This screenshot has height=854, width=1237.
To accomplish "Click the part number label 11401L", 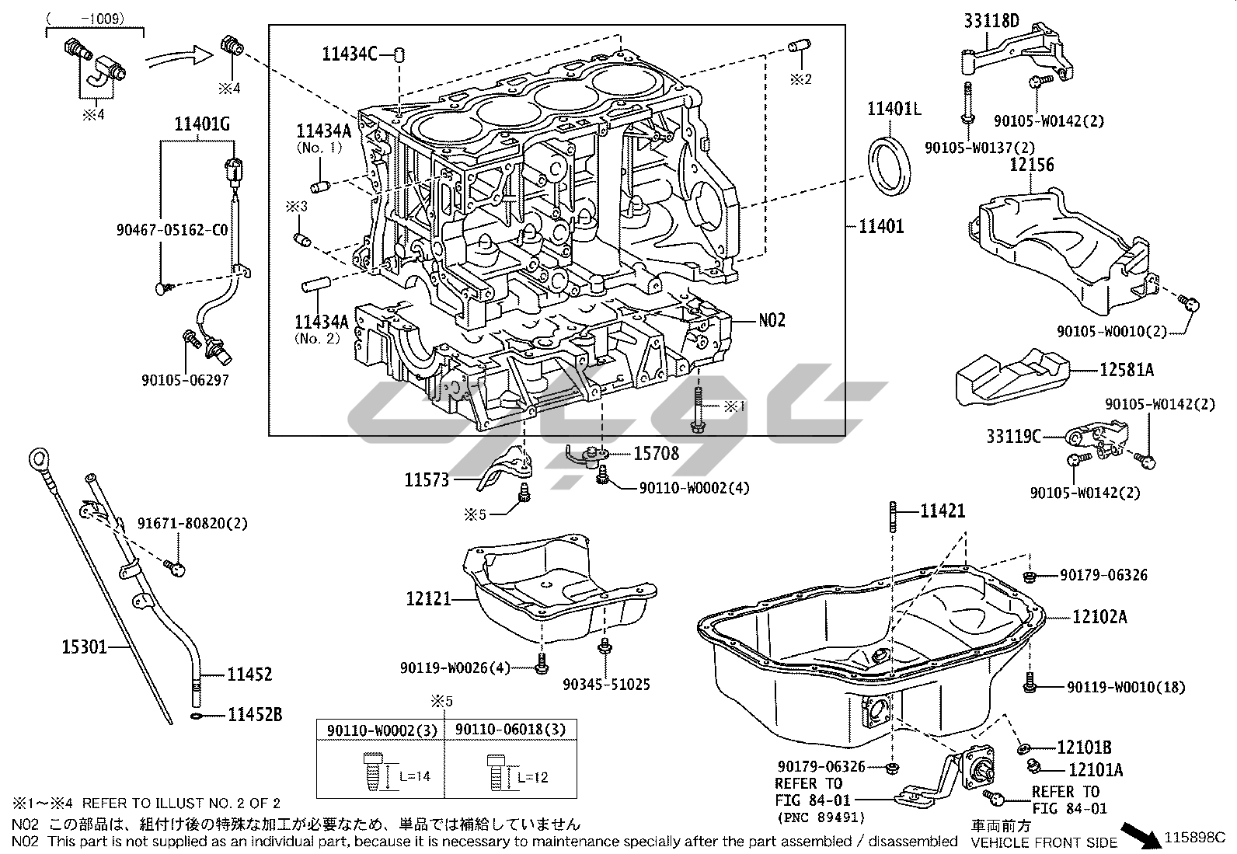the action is click(x=894, y=109).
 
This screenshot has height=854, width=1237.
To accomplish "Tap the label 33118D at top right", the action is click(x=991, y=21).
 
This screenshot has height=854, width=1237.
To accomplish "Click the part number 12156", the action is click(x=1032, y=165).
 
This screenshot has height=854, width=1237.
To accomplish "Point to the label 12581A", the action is click(x=1127, y=370).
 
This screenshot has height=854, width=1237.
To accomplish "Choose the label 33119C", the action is click(x=1013, y=437).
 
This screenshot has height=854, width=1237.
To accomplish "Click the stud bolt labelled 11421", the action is click(x=893, y=517).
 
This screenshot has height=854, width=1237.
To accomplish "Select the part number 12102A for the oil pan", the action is click(x=1099, y=616).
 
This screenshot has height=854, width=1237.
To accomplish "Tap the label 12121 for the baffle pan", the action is click(x=429, y=599).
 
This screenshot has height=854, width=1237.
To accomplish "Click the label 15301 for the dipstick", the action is click(x=84, y=647).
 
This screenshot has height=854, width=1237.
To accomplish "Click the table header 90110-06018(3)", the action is click(x=510, y=730).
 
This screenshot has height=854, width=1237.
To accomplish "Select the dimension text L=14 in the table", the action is click(x=415, y=776).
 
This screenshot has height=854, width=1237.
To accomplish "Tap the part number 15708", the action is click(x=656, y=454).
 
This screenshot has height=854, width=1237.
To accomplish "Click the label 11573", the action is click(x=427, y=480).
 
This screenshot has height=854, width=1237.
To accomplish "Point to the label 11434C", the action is click(x=350, y=54).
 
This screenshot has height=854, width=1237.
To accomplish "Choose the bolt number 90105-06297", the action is click(x=185, y=380).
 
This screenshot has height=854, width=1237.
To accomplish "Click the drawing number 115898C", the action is click(x=1195, y=838).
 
